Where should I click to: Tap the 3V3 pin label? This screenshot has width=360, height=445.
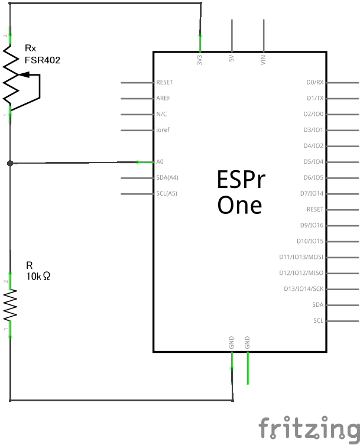pyautogui.click(x=200, y=59)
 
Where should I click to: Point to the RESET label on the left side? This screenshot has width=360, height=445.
pyautogui.click(x=165, y=82)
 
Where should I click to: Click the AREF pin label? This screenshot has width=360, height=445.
pyautogui.click(x=163, y=98)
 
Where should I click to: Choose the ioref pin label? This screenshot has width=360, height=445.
pyautogui.click(x=163, y=130)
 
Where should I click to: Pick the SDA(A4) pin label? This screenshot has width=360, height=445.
pyautogui.click(x=168, y=177)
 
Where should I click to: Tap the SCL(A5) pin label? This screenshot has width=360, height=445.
pyautogui.click(x=167, y=193)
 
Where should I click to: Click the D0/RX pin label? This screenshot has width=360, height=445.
pyautogui.click(x=314, y=82)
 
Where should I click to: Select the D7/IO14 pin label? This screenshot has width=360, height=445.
pyautogui.click(x=312, y=193)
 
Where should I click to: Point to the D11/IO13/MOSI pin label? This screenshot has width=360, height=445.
pyautogui.click(x=301, y=257)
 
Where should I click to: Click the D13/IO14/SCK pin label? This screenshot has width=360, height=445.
pyautogui.click(x=304, y=289)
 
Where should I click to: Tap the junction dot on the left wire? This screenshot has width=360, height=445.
pyautogui.click(x=10, y=163)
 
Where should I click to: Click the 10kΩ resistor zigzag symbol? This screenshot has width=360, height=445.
pyautogui.click(x=10, y=305)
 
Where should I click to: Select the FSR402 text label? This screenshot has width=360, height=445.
pyautogui.click(x=43, y=60)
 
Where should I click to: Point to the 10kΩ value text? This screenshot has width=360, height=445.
pyautogui.click(x=38, y=275)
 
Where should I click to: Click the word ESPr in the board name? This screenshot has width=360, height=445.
pyautogui.click(x=241, y=180)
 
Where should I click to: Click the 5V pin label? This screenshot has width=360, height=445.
pyautogui.click(x=232, y=59)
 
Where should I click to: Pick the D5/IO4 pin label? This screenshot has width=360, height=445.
pyautogui.click(x=313, y=161)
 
